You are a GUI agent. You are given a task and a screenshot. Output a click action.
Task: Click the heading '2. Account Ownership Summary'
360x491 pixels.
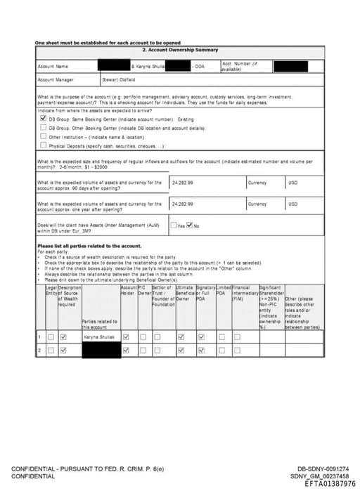click(180, 50)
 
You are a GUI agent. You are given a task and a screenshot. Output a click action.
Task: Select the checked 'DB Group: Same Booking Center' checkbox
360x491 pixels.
click(44, 119)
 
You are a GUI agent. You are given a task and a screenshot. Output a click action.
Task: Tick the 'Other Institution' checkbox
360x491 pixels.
click(44, 136)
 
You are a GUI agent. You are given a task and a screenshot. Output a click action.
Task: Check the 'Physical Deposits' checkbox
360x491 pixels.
click(44, 145)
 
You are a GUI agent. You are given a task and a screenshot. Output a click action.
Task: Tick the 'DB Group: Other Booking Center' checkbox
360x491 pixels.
click(44, 128)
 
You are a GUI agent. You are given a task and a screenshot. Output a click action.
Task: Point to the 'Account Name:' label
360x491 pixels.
click(53, 66)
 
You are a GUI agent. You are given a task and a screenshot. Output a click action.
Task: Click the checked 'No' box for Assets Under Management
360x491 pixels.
click(190, 225)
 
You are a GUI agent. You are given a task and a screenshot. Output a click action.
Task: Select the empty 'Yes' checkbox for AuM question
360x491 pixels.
click(174, 225)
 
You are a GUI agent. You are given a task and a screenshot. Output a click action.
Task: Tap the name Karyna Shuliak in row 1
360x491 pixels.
click(98, 337)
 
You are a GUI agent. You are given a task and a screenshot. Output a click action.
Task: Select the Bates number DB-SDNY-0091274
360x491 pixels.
click(322, 469)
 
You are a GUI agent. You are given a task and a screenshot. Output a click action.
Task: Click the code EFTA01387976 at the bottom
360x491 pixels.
click(330, 484)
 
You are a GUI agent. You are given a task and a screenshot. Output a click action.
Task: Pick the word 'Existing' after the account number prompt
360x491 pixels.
click(186, 119)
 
